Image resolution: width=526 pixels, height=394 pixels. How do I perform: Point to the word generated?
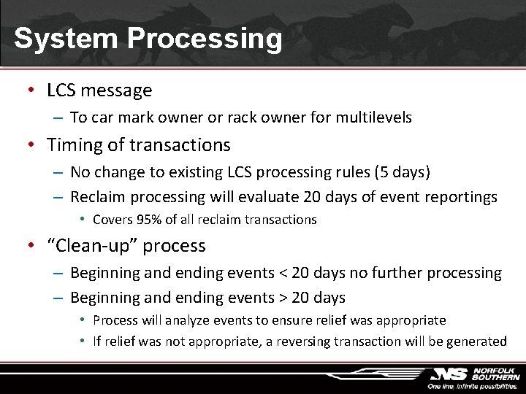point(479,341)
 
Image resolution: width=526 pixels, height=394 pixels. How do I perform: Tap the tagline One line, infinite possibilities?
point(473,386)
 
